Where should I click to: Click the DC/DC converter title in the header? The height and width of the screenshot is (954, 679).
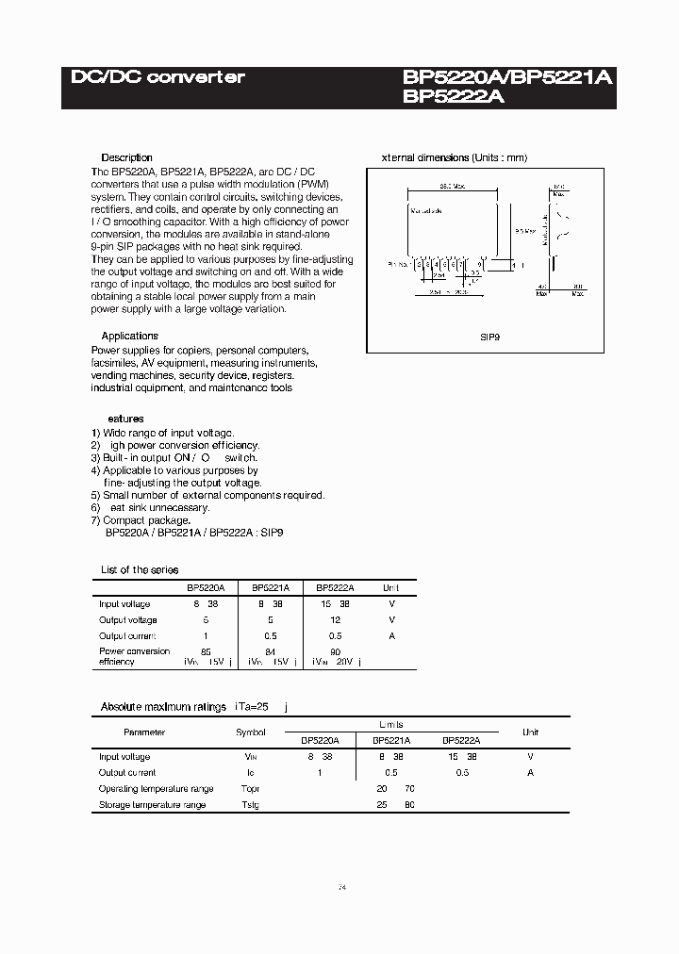point(157,77)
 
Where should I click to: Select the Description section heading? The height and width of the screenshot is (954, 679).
point(126,157)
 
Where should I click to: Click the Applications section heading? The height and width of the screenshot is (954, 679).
point(129,336)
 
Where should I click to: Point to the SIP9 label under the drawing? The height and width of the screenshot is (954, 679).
point(489,335)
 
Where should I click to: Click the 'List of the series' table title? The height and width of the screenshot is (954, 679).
point(140,569)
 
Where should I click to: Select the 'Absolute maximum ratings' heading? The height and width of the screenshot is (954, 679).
point(163,706)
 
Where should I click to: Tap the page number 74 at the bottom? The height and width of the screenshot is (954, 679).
point(341,888)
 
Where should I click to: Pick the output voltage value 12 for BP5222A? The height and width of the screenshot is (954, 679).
point(335,619)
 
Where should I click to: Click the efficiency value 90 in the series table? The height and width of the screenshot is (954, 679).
point(335,650)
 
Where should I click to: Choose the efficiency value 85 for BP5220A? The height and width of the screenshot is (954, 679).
point(206,650)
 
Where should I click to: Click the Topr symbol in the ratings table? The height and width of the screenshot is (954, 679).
point(250,788)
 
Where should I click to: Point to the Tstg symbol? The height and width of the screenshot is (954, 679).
point(250,805)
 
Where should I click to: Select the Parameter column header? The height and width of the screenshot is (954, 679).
point(144,732)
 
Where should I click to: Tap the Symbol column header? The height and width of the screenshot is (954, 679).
point(251,732)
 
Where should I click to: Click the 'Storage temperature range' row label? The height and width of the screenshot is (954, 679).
point(152,805)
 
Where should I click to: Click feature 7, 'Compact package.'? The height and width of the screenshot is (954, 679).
point(141,519)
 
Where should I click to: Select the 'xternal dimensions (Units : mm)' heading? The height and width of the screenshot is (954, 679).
point(454,157)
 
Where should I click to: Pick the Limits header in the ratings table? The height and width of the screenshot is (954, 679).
point(390,724)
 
